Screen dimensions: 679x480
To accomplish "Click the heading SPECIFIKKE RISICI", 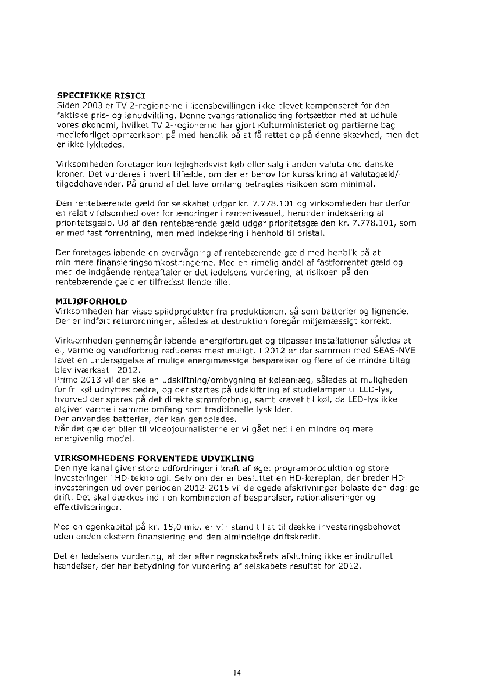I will coord(101,94).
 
